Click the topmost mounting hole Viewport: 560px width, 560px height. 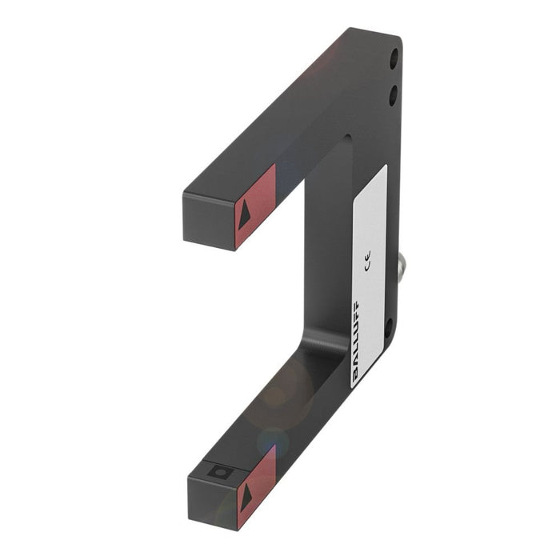click(x=394, y=58)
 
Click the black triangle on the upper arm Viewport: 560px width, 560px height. click(x=243, y=215)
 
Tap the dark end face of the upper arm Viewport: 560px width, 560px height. click(x=210, y=221)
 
